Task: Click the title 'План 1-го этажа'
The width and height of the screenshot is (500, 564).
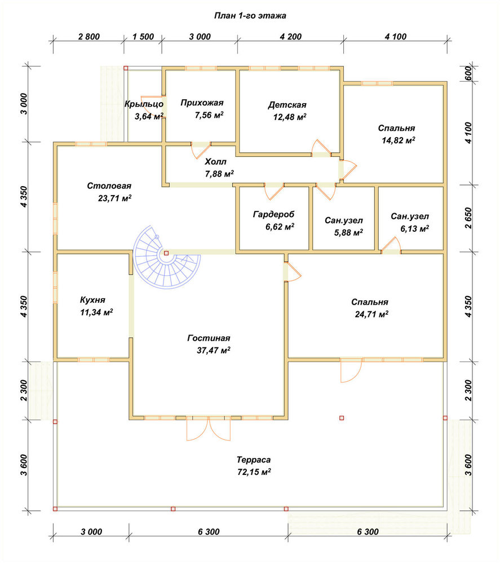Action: pyautogui.click(x=250, y=16)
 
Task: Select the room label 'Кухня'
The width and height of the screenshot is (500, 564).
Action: pyautogui.click(x=92, y=300)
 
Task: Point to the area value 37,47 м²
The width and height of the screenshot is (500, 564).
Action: pyautogui.click(x=214, y=350)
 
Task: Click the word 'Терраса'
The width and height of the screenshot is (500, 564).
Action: pyautogui.click(x=254, y=460)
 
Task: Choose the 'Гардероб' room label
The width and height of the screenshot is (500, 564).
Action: pyautogui.click(x=273, y=214)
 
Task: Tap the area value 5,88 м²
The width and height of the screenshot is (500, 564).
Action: pyautogui.click(x=348, y=232)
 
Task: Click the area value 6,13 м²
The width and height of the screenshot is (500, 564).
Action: pyautogui.click(x=414, y=229)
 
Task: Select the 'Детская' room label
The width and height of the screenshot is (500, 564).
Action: pyautogui.click(x=287, y=105)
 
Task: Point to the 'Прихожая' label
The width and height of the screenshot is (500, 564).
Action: pyautogui.click(x=202, y=103)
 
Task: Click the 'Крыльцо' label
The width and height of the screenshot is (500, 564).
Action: pyautogui.click(x=144, y=104)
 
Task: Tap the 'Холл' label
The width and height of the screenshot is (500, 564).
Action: pyautogui.click(x=216, y=161)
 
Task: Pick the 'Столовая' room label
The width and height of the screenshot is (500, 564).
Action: pyautogui.click(x=109, y=186)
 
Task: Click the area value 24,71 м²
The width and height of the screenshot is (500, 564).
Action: pyautogui.click(x=371, y=314)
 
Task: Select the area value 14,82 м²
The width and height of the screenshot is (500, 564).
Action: pyautogui.click(x=399, y=140)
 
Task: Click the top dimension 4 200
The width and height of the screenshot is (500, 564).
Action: pyautogui.click(x=290, y=37)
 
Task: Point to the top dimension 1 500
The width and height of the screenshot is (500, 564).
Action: pyautogui.click(x=143, y=37)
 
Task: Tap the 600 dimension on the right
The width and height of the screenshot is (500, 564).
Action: pyautogui.click(x=468, y=74)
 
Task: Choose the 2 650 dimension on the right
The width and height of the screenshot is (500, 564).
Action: pyautogui.click(x=468, y=218)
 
